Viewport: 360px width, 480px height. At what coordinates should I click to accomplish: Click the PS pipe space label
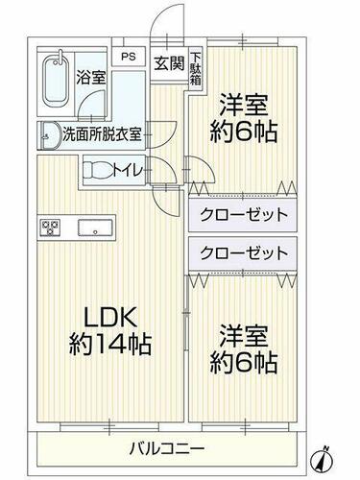tap(129, 57)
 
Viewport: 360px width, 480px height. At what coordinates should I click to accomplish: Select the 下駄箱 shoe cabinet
tap(196, 68)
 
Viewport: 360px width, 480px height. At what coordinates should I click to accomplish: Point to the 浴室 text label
tap(90, 78)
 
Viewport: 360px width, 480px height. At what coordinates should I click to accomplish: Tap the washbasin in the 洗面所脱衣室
tap(49, 135)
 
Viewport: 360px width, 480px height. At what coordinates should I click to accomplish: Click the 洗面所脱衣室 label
tap(102, 134)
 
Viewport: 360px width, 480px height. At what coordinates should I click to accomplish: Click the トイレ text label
tap(127, 171)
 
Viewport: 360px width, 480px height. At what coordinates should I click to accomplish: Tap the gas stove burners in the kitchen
tap(50, 228)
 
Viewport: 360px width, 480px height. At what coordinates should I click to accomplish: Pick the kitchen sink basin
tap(95, 228)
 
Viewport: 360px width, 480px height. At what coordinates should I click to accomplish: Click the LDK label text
tap(110, 317)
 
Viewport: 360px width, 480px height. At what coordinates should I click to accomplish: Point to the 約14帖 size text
tap(110, 344)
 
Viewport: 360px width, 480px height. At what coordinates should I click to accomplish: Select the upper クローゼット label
tap(244, 215)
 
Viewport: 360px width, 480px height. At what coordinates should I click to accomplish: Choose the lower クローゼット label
tap(244, 253)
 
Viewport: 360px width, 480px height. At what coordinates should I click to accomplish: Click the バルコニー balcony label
tap(167, 449)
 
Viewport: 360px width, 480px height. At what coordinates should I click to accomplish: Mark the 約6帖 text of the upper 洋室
tap(244, 132)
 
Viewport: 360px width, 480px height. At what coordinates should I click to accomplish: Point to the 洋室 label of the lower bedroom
tap(243, 336)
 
